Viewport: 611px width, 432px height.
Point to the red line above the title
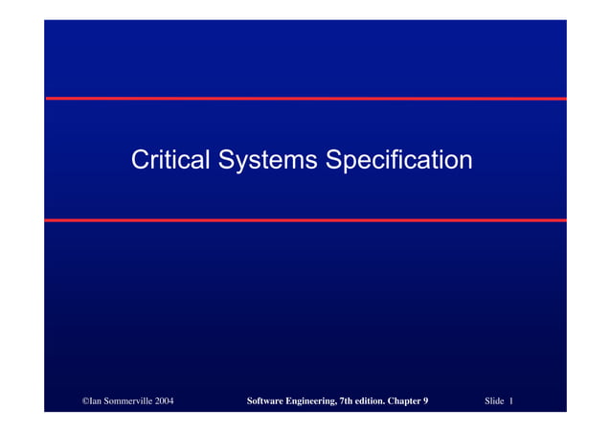[x=305, y=99]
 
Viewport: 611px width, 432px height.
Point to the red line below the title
[x=305, y=220]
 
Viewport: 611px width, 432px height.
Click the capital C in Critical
[x=140, y=159]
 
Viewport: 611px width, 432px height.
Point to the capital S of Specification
[x=333, y=159]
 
